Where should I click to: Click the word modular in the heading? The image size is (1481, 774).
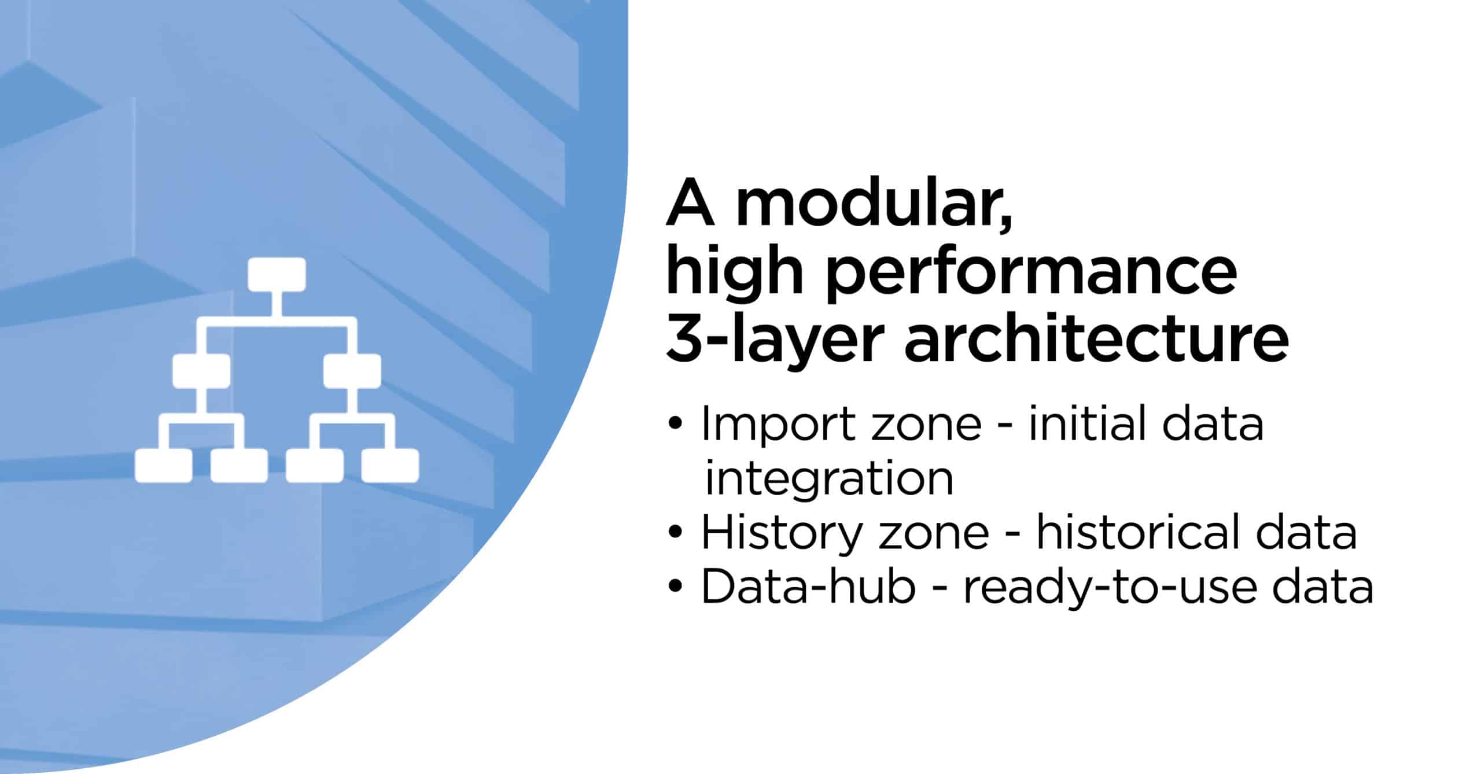pyautogui.click(x=874, y=205)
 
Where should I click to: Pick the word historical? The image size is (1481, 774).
pyautogui.click(x=1132, y=532)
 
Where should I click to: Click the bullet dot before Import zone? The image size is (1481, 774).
pyautogui.click(x=675, y=424)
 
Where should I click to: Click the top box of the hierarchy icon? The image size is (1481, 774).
pyautogui.click(x=277, y=274)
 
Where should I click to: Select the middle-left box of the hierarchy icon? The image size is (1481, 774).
pyautogui.click(x=201, y=371)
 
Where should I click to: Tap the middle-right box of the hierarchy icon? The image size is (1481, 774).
pyautogui.click(x=352, y=371)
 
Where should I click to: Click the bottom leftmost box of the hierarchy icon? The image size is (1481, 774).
pyautogui.click(x=164, y=466)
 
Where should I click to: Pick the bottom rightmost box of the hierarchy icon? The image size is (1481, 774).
pyautogui.click(x=390, y=466)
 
